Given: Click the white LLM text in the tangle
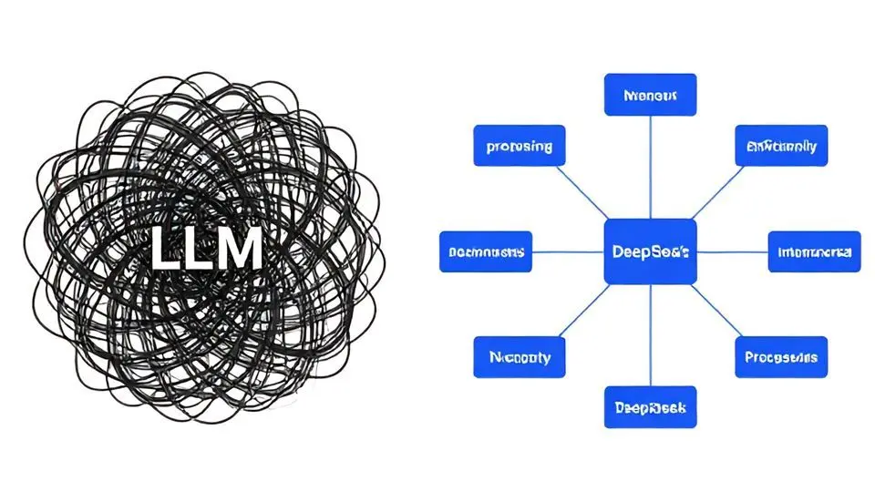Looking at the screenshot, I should click(206, 249).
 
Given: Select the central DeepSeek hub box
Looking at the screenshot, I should click(650, 251).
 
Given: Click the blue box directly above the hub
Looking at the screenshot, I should click(650, 95).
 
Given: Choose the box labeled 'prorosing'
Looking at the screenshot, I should click(519, 146).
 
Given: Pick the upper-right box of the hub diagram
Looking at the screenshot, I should click(781, 146).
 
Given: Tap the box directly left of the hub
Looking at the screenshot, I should click(485, 251).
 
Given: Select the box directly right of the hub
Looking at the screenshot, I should click(814, 251).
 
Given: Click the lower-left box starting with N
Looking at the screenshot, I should click(519, 357).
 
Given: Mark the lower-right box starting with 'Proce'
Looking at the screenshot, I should click(781, 357).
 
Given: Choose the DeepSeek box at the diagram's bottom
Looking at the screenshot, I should click(650, 406).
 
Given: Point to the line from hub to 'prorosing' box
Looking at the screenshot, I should click(584, 196).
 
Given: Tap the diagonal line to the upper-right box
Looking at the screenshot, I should click(716, 193).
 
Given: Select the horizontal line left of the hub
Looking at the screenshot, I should click(567, 251).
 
